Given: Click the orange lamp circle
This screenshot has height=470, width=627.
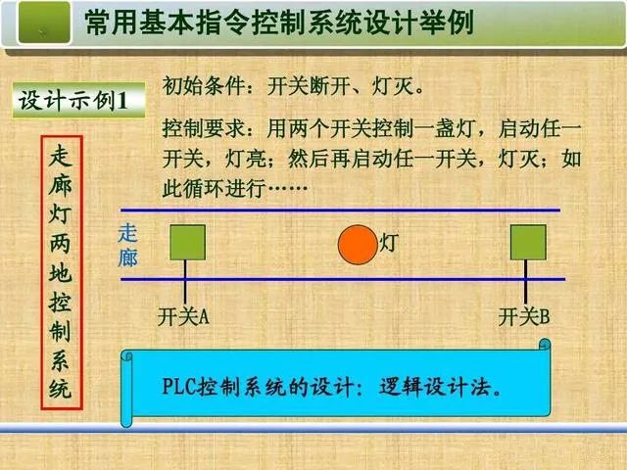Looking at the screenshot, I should [357, 245].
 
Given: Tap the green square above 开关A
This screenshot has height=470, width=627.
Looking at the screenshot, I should [186, 243].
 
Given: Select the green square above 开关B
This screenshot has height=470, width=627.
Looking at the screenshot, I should [528, 243].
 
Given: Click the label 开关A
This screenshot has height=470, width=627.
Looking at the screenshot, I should [183, 317].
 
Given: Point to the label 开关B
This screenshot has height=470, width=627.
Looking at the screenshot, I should [524, 317].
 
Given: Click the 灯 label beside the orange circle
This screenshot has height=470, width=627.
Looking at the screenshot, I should [389, 243].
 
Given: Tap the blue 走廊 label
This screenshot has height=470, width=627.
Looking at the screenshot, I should [127, 246].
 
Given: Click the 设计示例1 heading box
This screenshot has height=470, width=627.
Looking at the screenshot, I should [80, 102].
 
